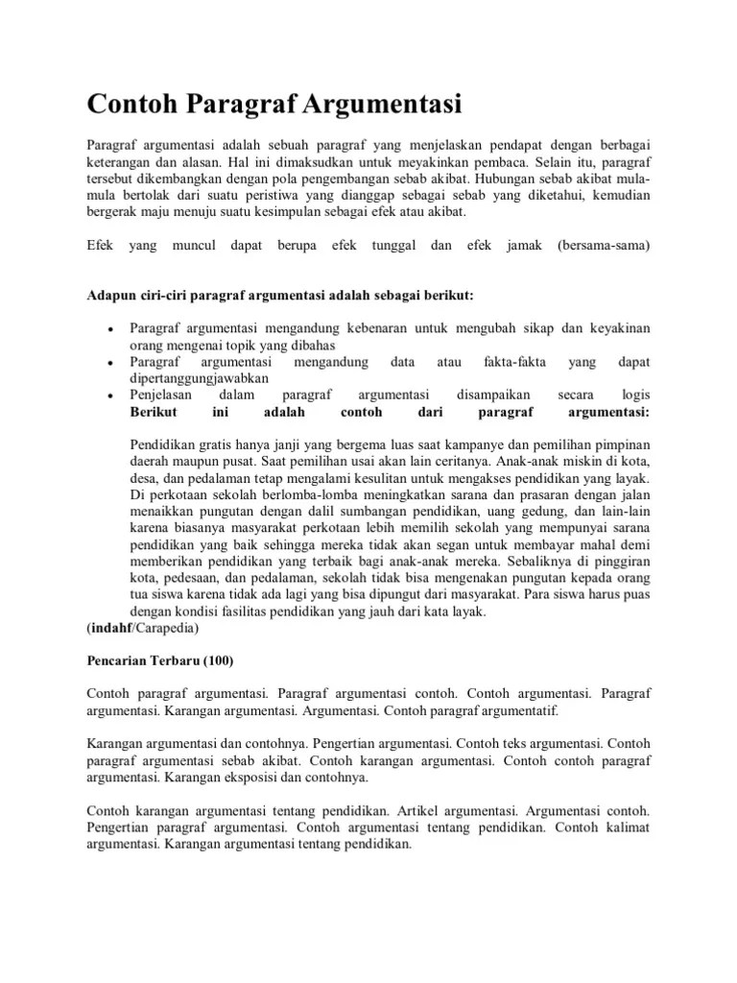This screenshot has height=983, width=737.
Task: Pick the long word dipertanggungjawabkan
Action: coord(200,378)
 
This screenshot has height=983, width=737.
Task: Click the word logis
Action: coord(635,395)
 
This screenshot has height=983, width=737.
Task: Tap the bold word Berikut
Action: coord(154,412)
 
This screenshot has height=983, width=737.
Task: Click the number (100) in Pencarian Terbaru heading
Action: coord(212,662)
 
